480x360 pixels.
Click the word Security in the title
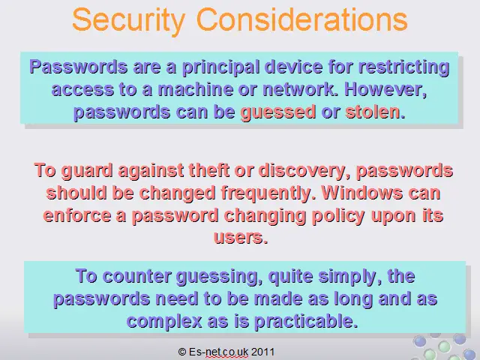(x=129, y=20)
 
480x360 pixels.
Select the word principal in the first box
(x=222, y=68)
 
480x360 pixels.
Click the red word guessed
(x=278, y=112)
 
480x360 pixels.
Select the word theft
(x=208, y=170)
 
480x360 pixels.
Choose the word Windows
(x=362, y=193)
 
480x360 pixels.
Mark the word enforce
(x=77, y=215)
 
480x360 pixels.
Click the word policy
(x=338, y=217)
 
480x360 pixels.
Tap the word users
(x=241, y=238)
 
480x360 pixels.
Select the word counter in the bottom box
(x=136, y=277)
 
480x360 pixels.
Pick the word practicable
(x=306, y=322)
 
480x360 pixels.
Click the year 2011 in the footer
(x=262, y=352)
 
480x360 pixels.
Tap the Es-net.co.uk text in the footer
(x=218, y=352)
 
